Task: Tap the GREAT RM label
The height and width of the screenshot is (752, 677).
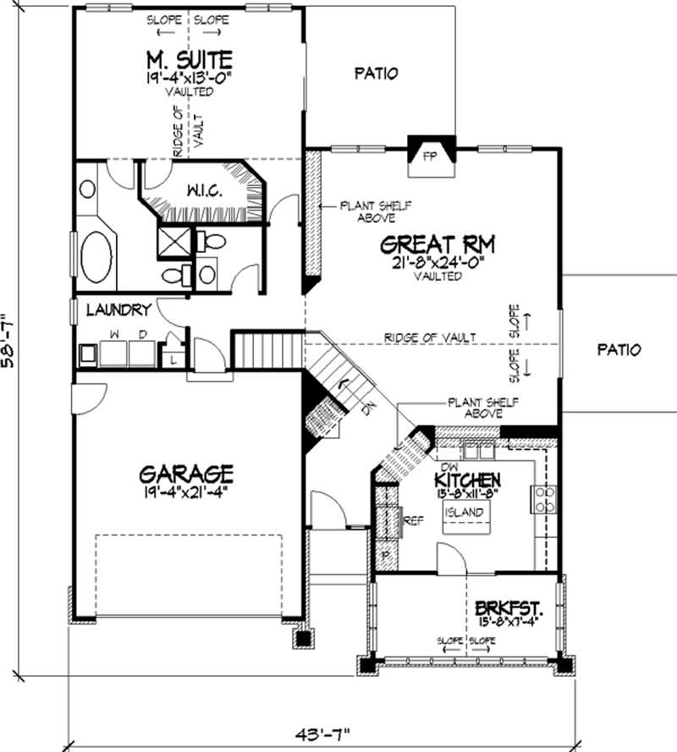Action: [437, 245]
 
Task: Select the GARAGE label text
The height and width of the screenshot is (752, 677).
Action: [186, 470]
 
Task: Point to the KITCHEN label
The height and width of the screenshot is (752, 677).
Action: [467, 479]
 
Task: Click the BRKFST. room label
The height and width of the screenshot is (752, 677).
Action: [508, 608]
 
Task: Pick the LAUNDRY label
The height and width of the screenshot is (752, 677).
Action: [118, 310]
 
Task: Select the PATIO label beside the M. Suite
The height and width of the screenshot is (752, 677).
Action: [375, 74]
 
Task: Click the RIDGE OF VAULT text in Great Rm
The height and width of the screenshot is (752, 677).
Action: [430, 338]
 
